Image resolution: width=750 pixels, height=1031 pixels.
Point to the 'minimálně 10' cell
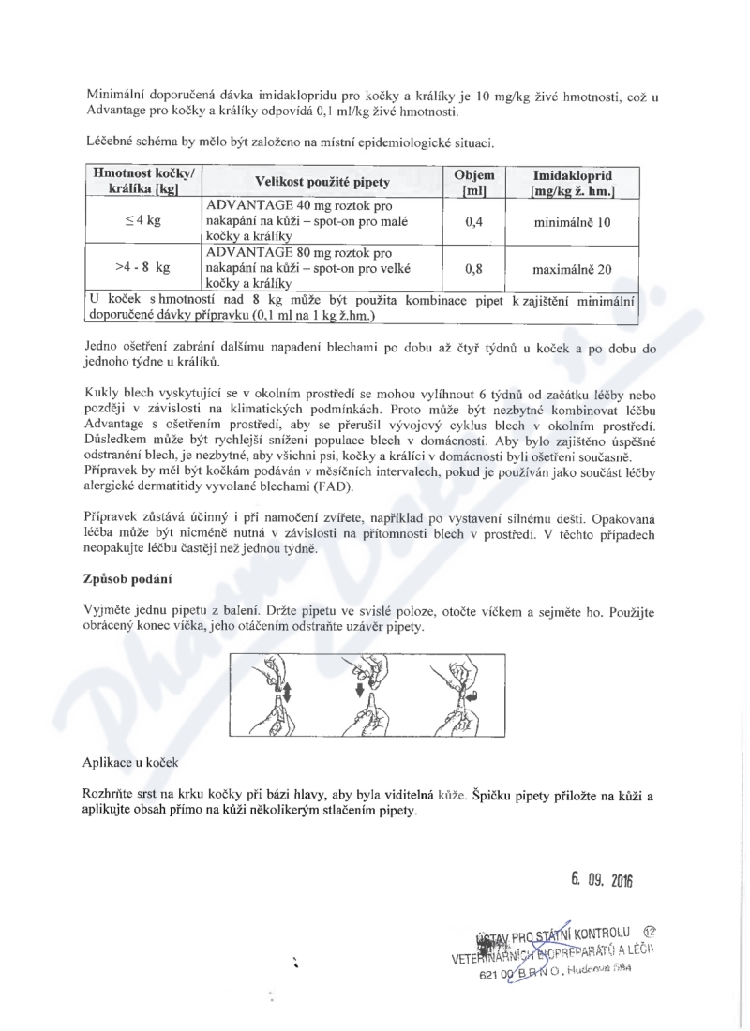(x=572, y=222)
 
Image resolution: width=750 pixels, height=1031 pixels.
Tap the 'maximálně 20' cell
(x=572, y=268)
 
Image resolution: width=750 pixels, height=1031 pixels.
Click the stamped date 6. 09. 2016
(x=602, y=881)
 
